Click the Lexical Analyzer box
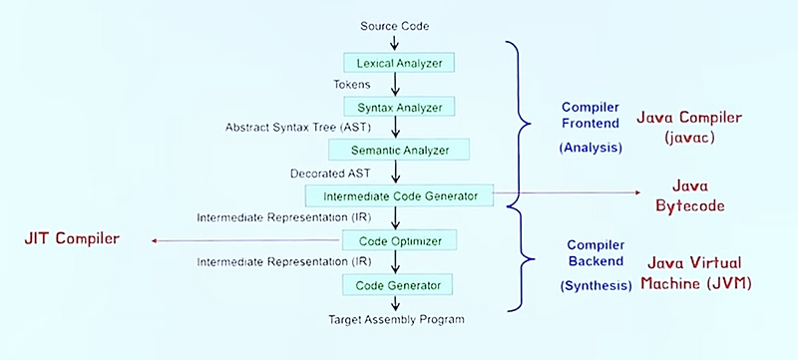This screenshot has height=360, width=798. point(399,63)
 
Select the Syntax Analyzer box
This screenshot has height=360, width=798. point(399,106)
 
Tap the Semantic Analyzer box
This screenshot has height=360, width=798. point(399,151)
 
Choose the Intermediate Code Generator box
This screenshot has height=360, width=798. point(399,194)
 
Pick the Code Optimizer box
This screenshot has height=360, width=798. point(399,240)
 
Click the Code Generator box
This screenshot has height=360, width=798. point(399,285)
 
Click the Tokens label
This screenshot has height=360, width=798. point(352,85)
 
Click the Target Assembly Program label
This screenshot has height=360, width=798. point(396,319)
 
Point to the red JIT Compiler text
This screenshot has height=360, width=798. point(72,239)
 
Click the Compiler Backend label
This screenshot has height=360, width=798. point(595,252)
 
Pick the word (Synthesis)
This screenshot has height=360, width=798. point(596,283)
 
